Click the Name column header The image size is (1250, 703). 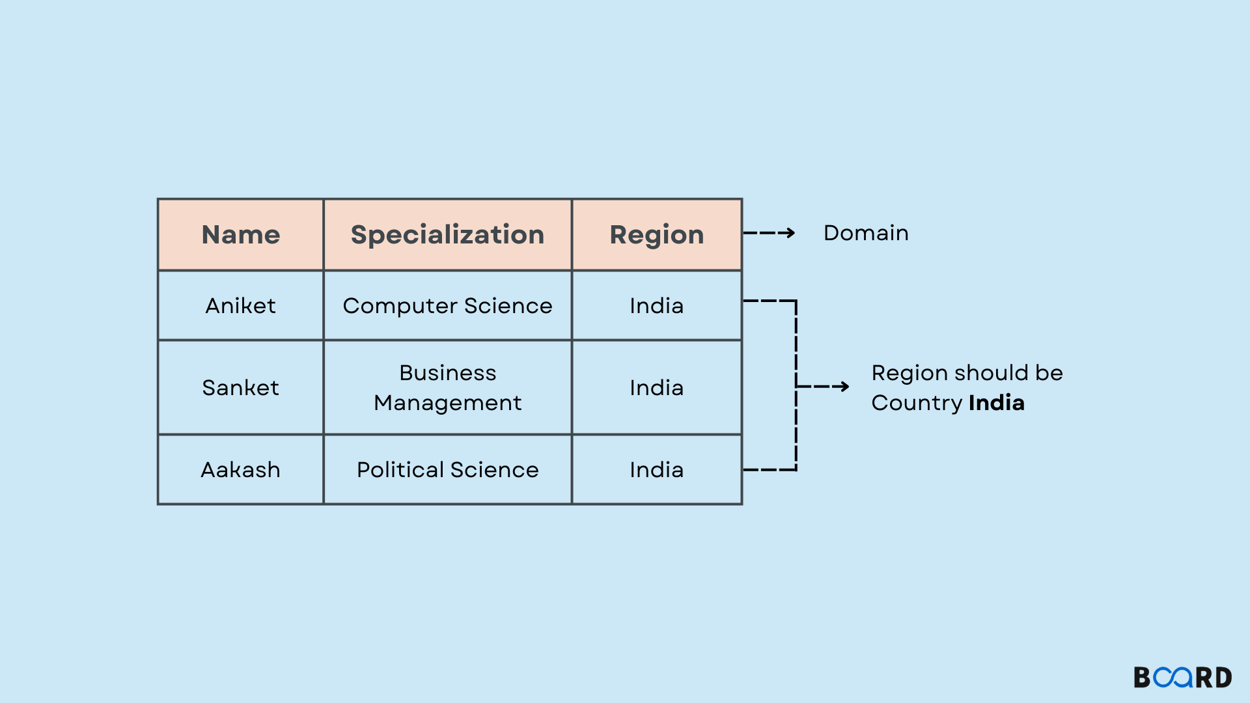pos(241,234)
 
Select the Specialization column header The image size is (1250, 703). pos(447,234)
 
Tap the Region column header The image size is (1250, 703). pos(656,234)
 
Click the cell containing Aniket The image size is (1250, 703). pos(241,305)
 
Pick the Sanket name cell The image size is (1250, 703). pos(241,387)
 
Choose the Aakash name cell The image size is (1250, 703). pos(241,469)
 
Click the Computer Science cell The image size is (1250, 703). pos(447,305)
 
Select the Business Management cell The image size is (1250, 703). pos(447,387)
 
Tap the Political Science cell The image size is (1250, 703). pos(447,469)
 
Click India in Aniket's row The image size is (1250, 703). pos(656,305)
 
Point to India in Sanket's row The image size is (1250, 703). pos(656,387)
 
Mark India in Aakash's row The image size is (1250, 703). pos(656,469)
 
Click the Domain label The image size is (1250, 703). pos(866,233)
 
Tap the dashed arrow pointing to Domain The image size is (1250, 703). pos(769,233)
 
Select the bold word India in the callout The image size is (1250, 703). pos(996,403)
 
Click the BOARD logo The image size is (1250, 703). pos(1182,678)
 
